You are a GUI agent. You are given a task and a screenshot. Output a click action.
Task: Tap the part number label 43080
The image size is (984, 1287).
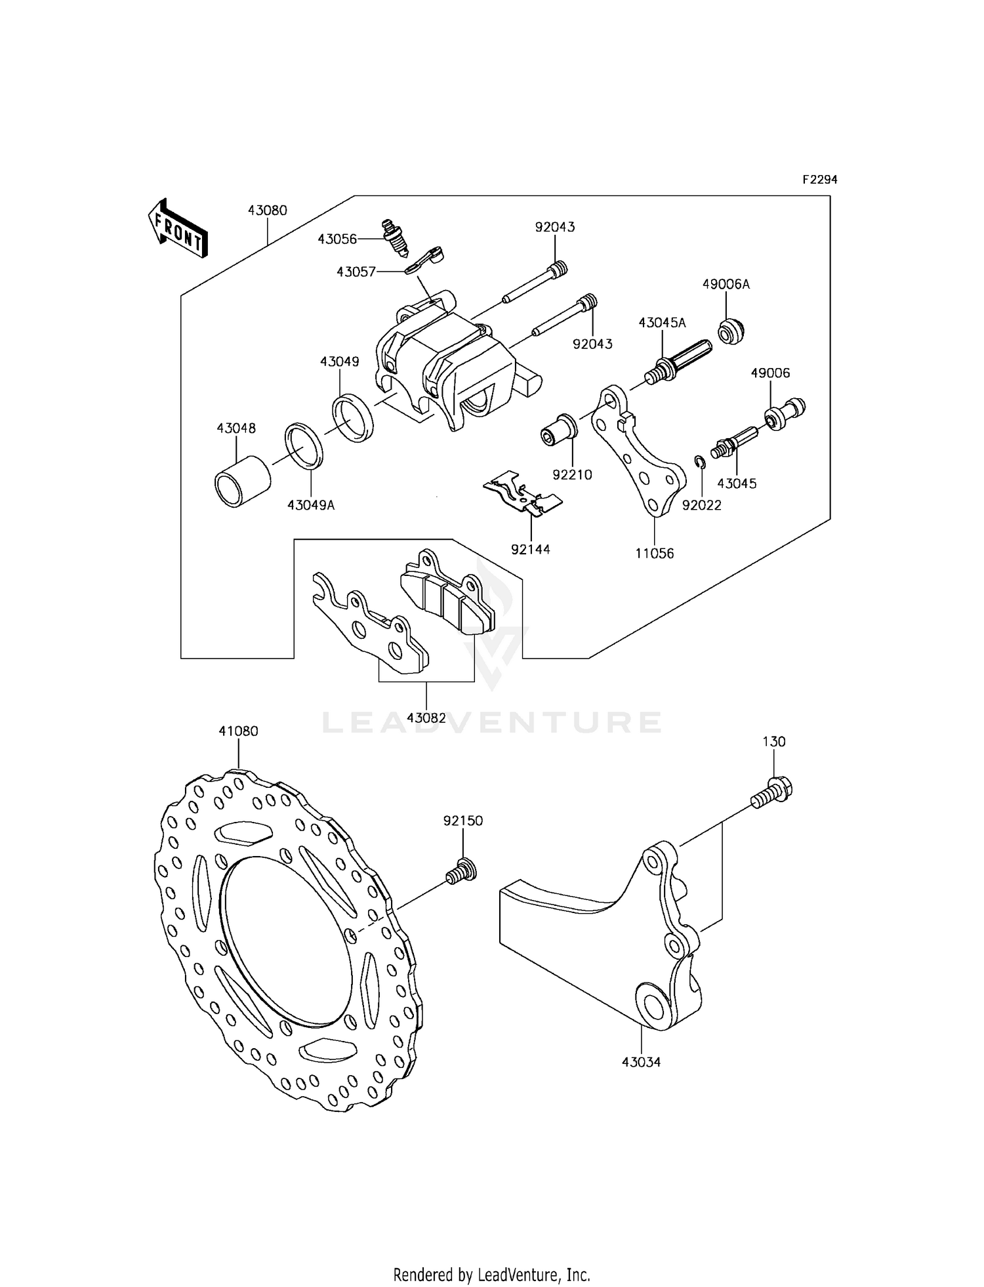[x=268, y=211]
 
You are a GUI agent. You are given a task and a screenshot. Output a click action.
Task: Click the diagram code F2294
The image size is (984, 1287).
[x=819, y=180]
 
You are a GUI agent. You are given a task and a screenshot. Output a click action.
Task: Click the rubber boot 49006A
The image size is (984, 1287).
[x=731, y=331]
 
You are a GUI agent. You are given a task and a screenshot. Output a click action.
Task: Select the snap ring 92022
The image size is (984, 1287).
[x=700, y=463]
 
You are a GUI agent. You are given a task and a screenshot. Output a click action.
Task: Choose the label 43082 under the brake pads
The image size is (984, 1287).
[x=426, y=718]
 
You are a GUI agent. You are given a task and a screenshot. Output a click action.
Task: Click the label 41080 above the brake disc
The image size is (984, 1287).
[x=238, y=731]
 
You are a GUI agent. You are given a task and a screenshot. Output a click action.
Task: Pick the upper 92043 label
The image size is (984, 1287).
[x=555, y=227]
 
